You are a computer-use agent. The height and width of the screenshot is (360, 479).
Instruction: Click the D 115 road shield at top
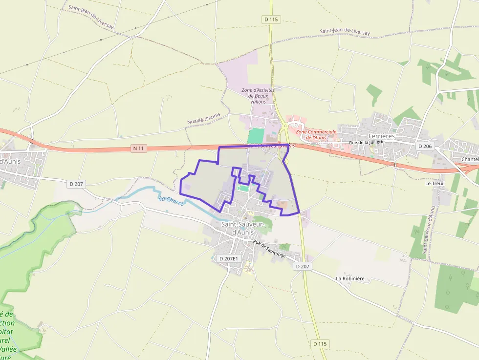pos(270,20)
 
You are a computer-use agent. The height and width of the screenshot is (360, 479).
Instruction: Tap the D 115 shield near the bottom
pos(319,344)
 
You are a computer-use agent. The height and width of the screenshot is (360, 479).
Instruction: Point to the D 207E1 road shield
pos(229,258)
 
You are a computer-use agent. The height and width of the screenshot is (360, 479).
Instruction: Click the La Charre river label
pos(171,200)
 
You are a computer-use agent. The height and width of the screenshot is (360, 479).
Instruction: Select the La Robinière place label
pos(350,278)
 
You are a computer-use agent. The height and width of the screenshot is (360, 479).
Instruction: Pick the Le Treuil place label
pos(434,184)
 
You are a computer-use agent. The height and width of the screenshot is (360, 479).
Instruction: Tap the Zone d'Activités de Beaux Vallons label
pos(258,96)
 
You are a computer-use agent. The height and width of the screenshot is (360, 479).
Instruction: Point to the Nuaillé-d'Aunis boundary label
pos(203,119)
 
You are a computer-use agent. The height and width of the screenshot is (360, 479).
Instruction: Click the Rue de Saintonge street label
pos(269,249)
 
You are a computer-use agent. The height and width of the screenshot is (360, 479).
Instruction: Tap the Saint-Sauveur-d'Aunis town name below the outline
pos(242,228)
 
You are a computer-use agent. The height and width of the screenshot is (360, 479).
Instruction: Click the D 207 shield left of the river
pos(77,184)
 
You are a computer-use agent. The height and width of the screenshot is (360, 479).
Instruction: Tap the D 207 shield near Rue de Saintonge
pos(303,267)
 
